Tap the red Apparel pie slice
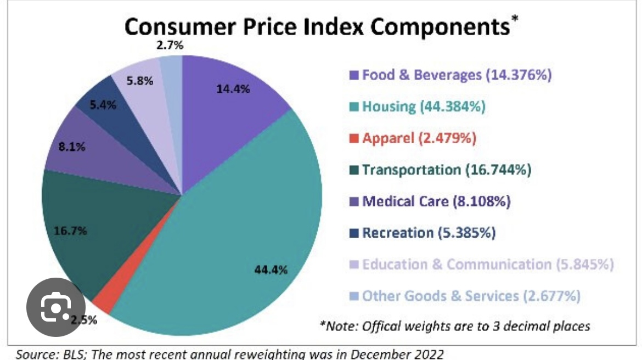point(102,302)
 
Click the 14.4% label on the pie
point(233,89)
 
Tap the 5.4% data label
point(103,104)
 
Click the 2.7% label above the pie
point(170,46)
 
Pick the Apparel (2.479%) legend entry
point(412,138)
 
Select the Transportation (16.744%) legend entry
point(440,170)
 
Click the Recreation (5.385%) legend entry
point(422,233)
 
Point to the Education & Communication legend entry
point(481,265)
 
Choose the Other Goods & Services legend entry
point(465,296)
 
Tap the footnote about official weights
point(455,326)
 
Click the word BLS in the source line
point(69,354)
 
